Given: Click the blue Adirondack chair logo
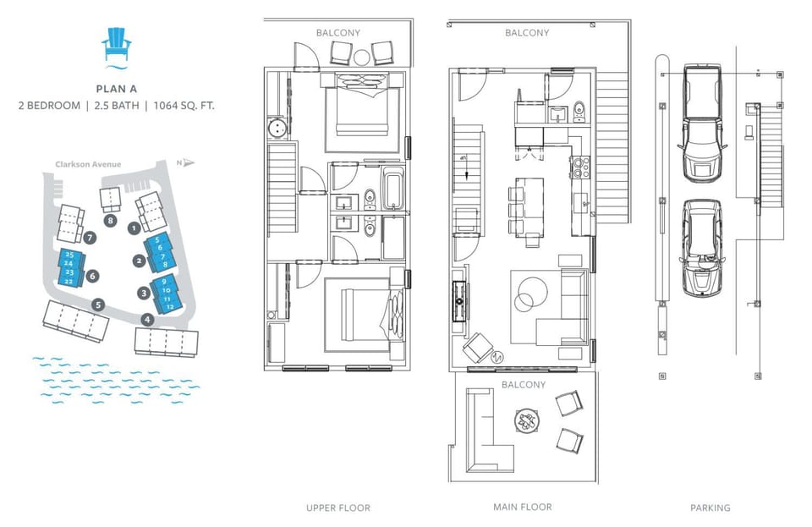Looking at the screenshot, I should pos(117,46).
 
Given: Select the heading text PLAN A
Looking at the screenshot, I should pos(117,87).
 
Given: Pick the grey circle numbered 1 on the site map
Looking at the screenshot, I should pos(133,228).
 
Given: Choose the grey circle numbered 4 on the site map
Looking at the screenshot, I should pos(148,320).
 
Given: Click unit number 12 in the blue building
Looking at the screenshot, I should pos(169,306).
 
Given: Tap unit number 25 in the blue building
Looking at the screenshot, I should pos(69,255).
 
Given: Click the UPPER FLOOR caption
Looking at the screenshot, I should pos(338,508).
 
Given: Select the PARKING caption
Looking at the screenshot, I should pos(710,508).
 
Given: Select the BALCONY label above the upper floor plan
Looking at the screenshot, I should pos(338,33).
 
